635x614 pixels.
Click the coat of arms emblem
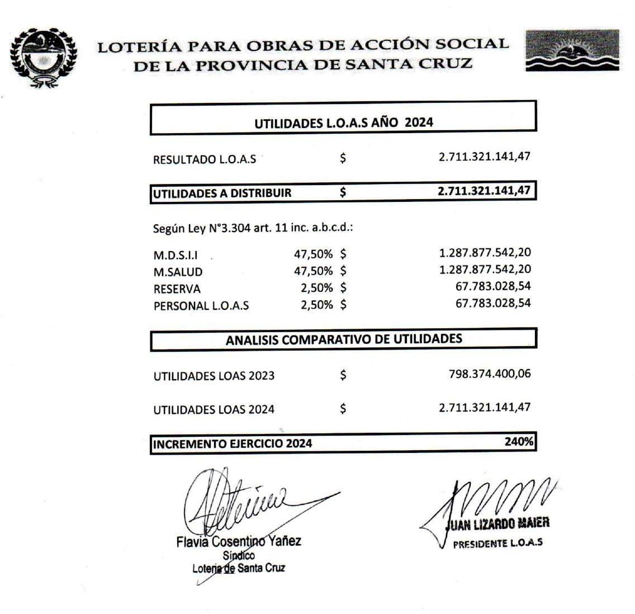(x=42, y=58)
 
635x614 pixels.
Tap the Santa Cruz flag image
(x=572, y=50)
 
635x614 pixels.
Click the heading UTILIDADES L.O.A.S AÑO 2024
(x=343, y=123)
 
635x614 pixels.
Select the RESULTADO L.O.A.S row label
(x=205, y=159)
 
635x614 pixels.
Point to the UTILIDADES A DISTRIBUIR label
(x=222, y=193)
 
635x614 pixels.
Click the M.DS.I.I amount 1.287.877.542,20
(x=485, y=253)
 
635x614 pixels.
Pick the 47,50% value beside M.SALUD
(x=313, y=271)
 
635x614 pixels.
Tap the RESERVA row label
(x=177, y=289)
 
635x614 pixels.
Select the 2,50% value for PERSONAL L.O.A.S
(x=316, y=305)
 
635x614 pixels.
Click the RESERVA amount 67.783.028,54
(x=493, y=287)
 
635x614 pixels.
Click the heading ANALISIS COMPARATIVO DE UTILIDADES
(x=343, y=339)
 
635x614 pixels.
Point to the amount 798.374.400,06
(x=490, y=374)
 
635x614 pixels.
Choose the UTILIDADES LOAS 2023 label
(x=214, y=376)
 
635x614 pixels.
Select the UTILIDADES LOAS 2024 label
(x=214, y=409)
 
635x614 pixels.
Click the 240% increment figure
(x=519, y=442)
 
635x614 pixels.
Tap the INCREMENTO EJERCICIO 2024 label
(x=233, y=444)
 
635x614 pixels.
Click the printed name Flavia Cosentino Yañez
(x=238, y=541)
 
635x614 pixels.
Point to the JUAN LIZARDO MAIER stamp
(x=497, y=523)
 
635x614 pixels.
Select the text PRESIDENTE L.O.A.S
(x=497, y=543)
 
